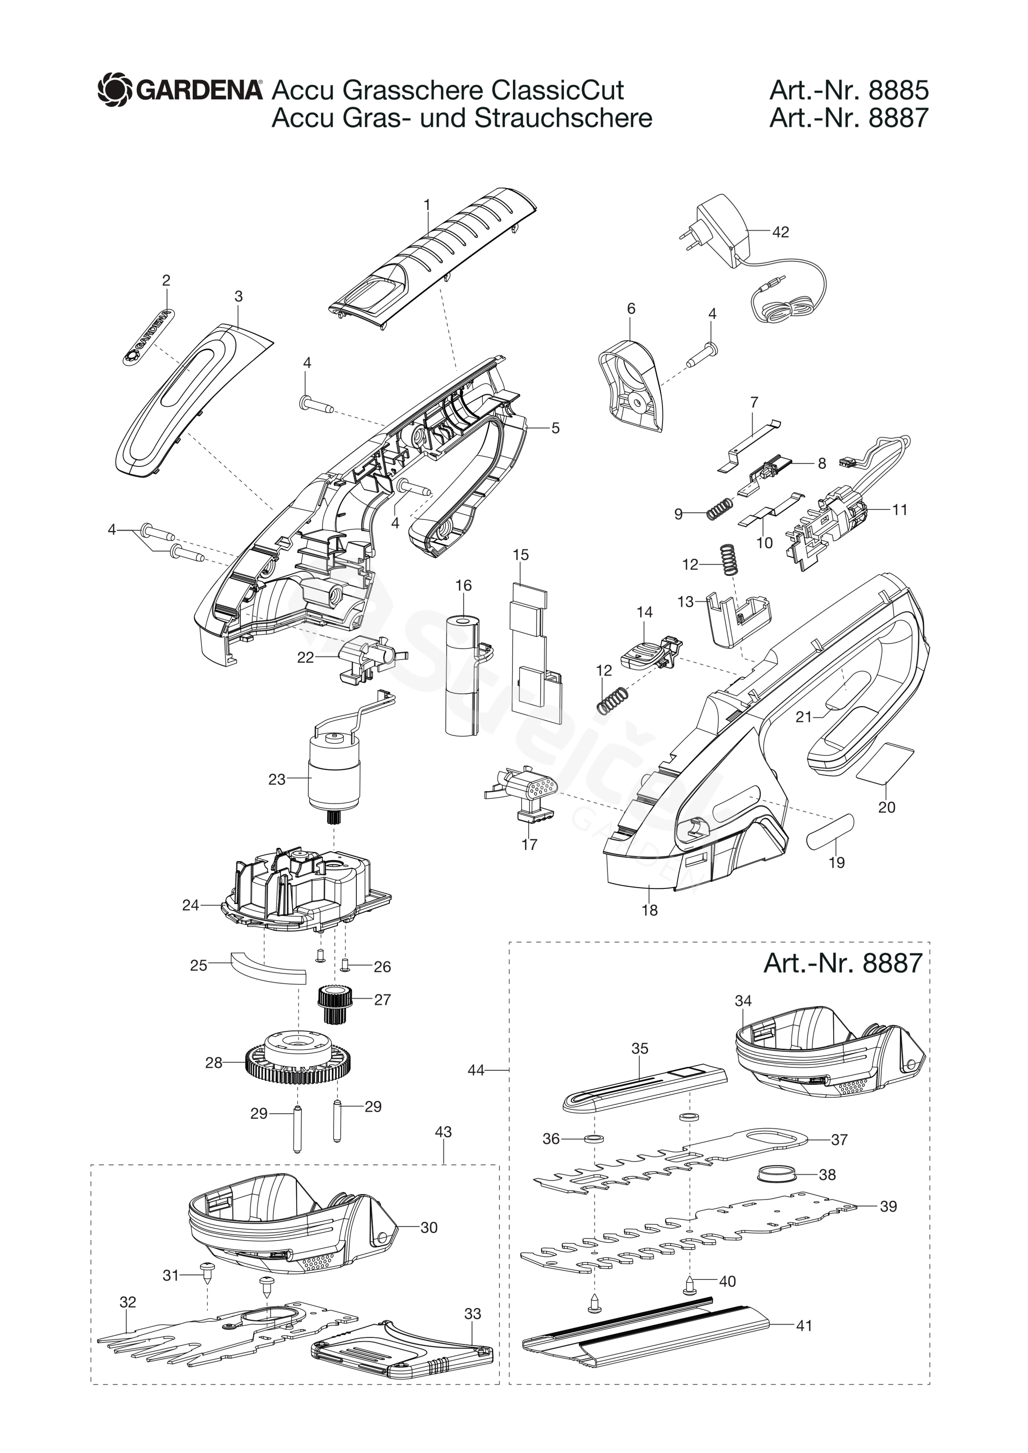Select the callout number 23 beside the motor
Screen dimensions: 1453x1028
pos(277,779)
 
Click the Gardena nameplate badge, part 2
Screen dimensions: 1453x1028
pos(147,337)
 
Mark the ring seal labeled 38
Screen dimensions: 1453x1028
pos(777,1174)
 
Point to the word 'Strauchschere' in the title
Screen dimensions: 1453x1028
pos(563,118)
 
